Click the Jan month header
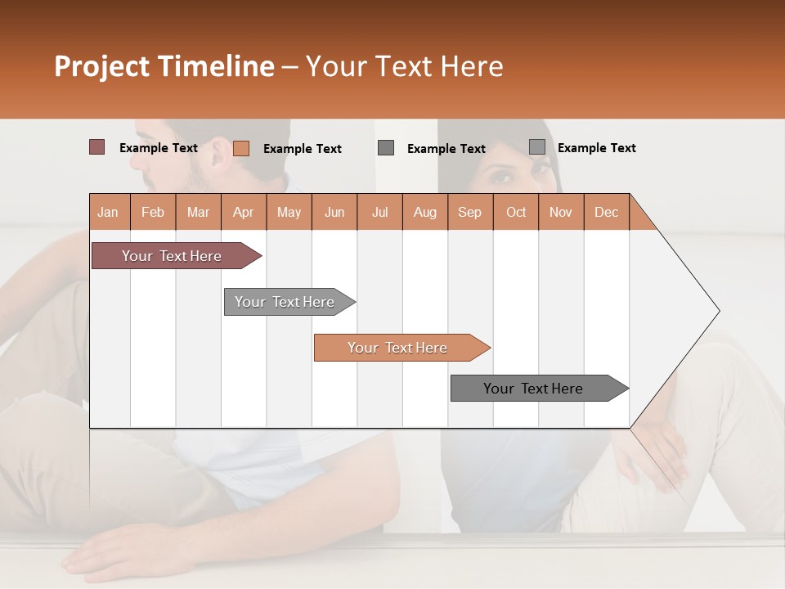tap(109, 212)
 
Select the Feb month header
tap(153, 212)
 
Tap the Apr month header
tap(243, 212)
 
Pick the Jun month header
tap(334, 212)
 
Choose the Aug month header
tap(424, 212)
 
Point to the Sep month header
tap(469, 212)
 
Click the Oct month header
tap(516, 212)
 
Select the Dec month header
tap(606, 212)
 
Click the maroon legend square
tap(96, 147)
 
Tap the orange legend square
tap(240, 148)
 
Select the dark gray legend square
tap(386, 148)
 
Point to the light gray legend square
tap(536, 147)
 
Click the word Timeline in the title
tap(216, 66)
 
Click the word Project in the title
tap(102, 66)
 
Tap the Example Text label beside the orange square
tap(302, 149)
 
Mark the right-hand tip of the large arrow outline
tap(719, 310)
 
